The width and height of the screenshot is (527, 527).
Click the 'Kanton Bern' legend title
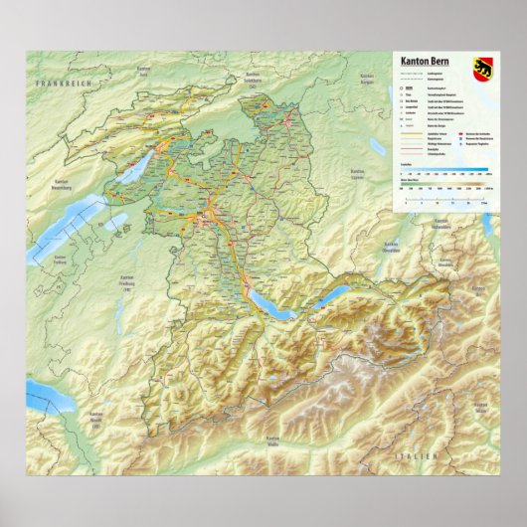[425, 61]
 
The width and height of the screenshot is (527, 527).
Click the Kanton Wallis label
[273, 441]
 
